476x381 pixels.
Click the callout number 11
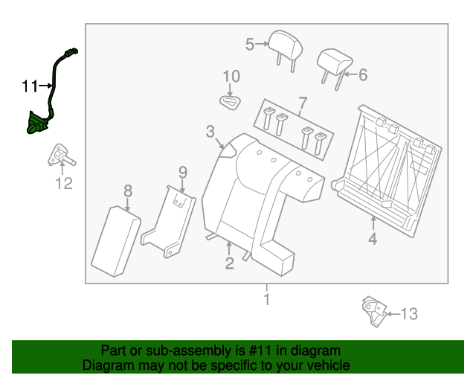[x=28, y=87]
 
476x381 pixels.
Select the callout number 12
[x=65, y=183]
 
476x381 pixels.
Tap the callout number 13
[x=409, y=314]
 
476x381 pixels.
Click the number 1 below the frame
[x=266, y=300]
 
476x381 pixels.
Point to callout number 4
[x=373, y=239]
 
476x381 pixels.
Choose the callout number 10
[x=231, y=76]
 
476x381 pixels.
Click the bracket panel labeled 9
[x=170, y=222]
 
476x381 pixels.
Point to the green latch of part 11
[x=35, y=124]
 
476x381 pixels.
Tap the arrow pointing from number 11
[x=45, y=87]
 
